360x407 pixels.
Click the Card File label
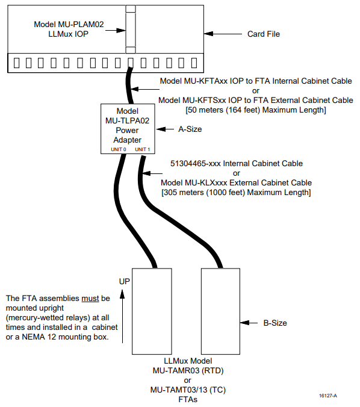click(264, 34)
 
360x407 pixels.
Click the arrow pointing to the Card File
click(223, 34)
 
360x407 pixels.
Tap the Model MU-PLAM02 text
click(69, 25)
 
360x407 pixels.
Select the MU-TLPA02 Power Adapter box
click(128, 129)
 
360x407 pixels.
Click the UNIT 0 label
click(119, 149)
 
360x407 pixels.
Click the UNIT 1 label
click(143, 149)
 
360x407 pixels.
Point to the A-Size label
click(190, 129)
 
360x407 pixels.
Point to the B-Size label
click(275, 323)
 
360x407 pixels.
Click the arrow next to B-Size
click(249, 323)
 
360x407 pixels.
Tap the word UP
click(125, 282)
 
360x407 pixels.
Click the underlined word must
click(90, 299)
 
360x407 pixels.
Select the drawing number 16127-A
click(328, 396)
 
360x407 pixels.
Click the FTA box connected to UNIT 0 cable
click(152, 311)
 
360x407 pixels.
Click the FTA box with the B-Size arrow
click(220, 311)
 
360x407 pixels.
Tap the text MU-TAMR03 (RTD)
click(188, 371)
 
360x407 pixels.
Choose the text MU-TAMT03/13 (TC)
click(188, 390)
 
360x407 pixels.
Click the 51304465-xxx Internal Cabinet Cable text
click(237, 164)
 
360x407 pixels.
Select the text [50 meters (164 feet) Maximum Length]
click(256, 110)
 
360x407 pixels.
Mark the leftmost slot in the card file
click(16, 63)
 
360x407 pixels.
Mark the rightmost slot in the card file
click(194, 63)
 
